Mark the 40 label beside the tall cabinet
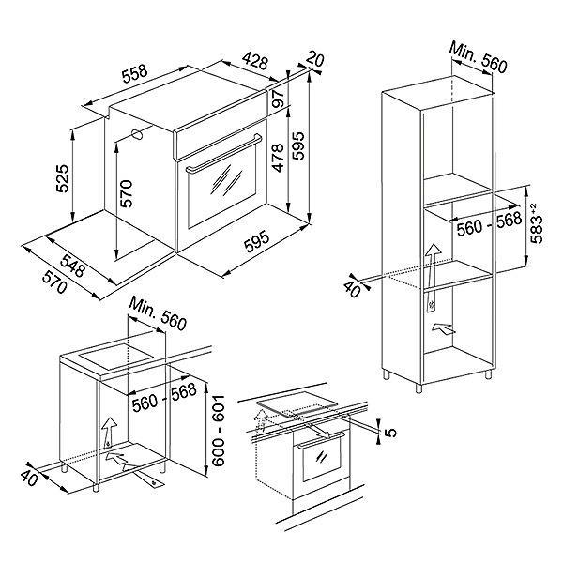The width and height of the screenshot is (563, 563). tap(353, 286)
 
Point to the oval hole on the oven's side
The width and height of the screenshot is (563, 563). tap(138, 133)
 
